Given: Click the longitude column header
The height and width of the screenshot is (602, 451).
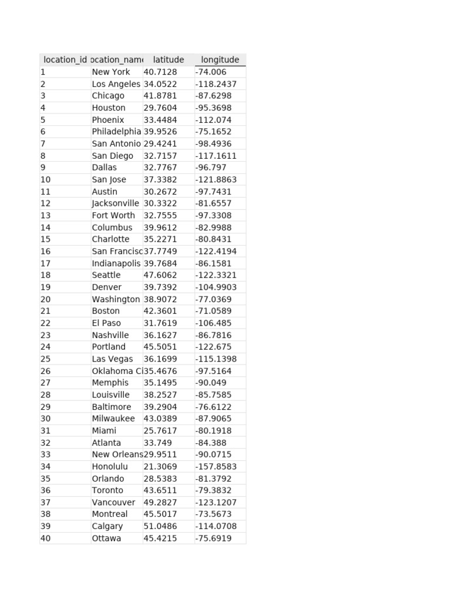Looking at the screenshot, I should pyautogui.click(x=220, y=60).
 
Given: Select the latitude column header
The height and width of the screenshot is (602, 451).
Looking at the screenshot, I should pyautogui.click(x=168, y=60).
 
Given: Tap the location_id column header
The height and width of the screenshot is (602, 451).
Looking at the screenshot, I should pyautogui.click(x=65, y=60).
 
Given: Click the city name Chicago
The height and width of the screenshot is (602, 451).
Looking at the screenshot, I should pyautogui.click(x=108, y=96).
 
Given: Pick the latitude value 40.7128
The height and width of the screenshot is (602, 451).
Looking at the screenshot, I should pyautogui.click(x=160, y=72).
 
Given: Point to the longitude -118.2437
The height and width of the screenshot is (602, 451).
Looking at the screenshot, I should pyautogui.click(x=216, y=84).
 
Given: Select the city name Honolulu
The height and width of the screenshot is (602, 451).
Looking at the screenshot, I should pyautogui.click(x=110, y=467).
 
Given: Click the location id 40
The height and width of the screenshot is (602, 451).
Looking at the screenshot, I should pyautogui.click(x=45, y=539).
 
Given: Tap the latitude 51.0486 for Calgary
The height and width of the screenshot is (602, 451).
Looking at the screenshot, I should pyautogui.click(x=160, y=526).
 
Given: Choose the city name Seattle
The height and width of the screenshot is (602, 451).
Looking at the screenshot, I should pyautogui.click(x=106, y=275).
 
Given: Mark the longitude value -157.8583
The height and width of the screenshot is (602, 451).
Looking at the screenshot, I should pyautogui.click(x=216, y=467).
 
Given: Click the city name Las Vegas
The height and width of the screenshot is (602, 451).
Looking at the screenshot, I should pyautogui.click(x=112, y=359).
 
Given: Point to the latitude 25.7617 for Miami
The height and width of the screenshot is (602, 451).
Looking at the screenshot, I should pyautogui.click(x=160, y=431).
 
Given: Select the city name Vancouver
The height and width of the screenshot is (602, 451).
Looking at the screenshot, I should pyautogui.click(x=113, y=503).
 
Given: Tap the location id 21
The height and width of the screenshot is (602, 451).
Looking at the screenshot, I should pyautogui.click(x=45, y=311).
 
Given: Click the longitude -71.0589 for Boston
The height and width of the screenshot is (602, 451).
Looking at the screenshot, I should pyautogui.click(x=214, y=311).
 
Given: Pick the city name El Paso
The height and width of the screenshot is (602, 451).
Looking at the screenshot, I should pyautogui.click(x=106, y=323).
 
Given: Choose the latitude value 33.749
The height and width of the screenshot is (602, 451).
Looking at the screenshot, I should pyautogui.click(x=158, y=443).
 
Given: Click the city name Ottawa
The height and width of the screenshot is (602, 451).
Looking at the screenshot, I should pyautogui.click(x=106, y=539).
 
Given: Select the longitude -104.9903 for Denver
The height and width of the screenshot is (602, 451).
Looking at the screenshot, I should pyautogui.click(x=216, y=287).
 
